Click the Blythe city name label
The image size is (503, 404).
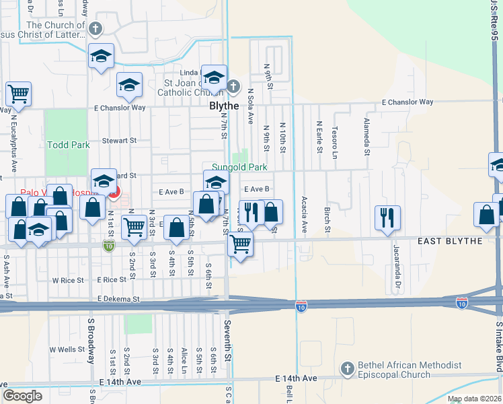click(x=224, y=106)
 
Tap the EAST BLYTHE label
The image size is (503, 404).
click(x=450, y=241)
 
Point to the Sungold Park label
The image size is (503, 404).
click(x=239, y=167)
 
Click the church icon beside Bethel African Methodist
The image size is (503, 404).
click(x=347, y=368)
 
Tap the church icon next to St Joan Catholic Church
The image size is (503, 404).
click(x=233, y=86)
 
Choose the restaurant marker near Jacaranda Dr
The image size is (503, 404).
click(x=387, y=217)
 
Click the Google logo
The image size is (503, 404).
click(x=22, y=396)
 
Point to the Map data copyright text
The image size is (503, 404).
click(x=475, y=399)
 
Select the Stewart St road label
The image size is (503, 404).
click(x=119, y=141)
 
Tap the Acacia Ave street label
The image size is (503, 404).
click(x=305, y=215)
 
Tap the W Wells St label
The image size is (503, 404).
click(x=67, y=350)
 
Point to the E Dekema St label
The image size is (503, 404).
click(x=118, y=298)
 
